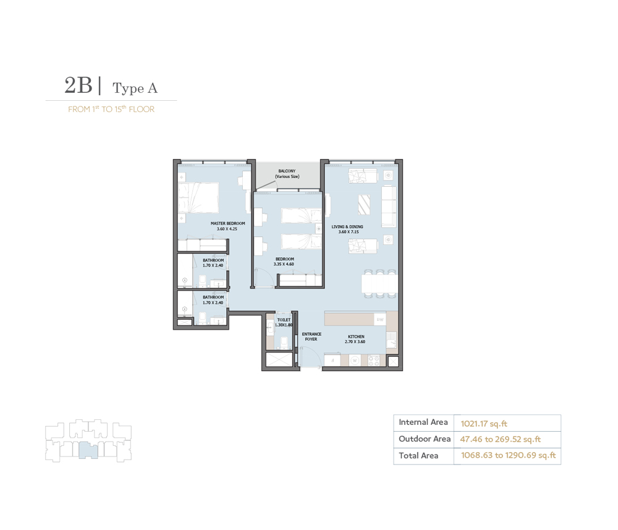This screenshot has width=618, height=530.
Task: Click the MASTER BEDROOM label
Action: pos(227,223)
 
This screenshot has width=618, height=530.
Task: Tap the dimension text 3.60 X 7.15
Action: pos(347,233)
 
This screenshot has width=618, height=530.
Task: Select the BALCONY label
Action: pos(287,171)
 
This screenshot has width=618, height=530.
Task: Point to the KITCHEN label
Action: pos(355,336)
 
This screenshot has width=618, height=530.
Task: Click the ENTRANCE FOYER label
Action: pos(311,336)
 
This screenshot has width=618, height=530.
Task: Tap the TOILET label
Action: pos(284,320)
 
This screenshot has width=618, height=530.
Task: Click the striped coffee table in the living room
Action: pos(364,204)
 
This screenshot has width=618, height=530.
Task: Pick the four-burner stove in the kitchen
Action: pos(374,360)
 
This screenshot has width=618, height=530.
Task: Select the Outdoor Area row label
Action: pos(424,439)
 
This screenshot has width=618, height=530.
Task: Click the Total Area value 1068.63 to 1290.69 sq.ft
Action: pos(508,456)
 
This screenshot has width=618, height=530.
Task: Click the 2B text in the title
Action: pos(78,86)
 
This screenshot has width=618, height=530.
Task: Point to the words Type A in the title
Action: pos(135,89)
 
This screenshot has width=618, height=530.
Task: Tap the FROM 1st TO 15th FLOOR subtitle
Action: pos(111,109)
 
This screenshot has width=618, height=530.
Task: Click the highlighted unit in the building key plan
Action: pos(88,450)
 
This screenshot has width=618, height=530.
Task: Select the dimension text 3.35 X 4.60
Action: pos(284,264)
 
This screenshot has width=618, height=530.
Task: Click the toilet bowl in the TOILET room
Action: pos(283,344)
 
